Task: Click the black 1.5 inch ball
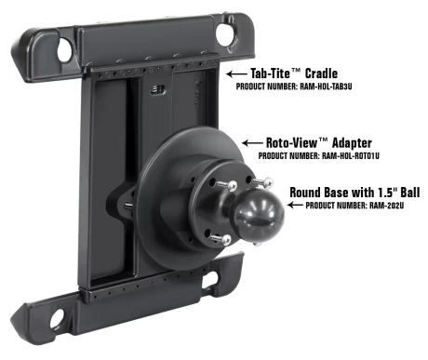coord(259,216)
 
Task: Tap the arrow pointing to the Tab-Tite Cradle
coord(236,74)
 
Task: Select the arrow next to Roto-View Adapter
coord(252,143)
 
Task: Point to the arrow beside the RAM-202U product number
coord(295,205)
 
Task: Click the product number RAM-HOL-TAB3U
coord(326,87)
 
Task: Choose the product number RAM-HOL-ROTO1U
coord(351,155)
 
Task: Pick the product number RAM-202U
coord(386,206)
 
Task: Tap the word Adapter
coord(352,143)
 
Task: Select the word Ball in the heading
coord(410,193)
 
